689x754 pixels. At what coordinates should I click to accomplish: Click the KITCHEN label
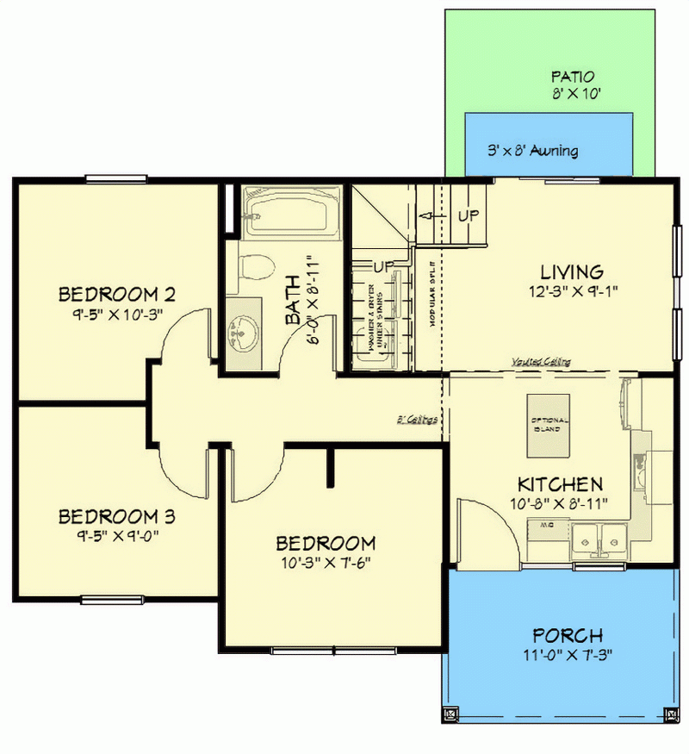pyautogui.click(x=559, y=483)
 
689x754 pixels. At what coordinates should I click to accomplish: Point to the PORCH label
pyautogui.click(x=567, y=636)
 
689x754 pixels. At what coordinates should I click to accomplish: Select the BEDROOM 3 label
pyautogui.click(x=117, y=517)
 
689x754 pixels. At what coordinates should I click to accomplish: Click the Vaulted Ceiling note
pyautogui.click(x=541, y=362)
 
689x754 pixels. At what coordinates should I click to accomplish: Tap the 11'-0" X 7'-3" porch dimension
pyautogui.click(x=567, y=655)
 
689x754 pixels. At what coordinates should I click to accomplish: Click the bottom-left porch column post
pyautogui.click(x=449, y=714)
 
